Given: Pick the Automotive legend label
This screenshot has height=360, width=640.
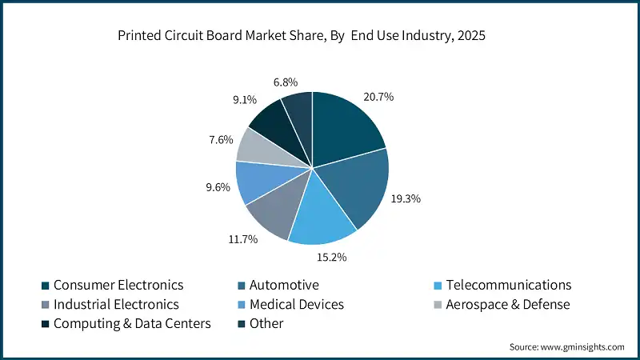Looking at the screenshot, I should click(x=284, y=286).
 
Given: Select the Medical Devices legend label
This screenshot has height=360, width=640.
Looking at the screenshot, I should click(x=296, y=305).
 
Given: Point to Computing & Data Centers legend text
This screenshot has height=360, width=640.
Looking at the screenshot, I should click(x=131, y=324).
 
